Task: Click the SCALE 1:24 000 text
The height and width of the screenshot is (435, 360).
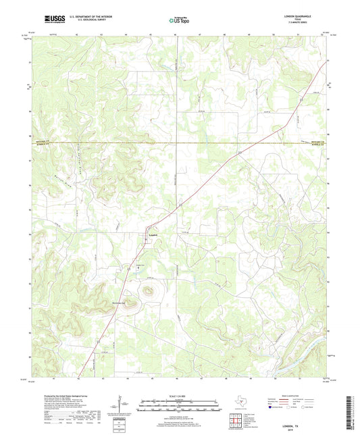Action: [179, 394]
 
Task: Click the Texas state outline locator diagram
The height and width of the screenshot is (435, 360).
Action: [240, 405]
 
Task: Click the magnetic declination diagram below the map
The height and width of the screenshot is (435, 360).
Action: [124, 405]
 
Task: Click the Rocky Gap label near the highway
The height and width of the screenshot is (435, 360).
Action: [122, 303]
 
